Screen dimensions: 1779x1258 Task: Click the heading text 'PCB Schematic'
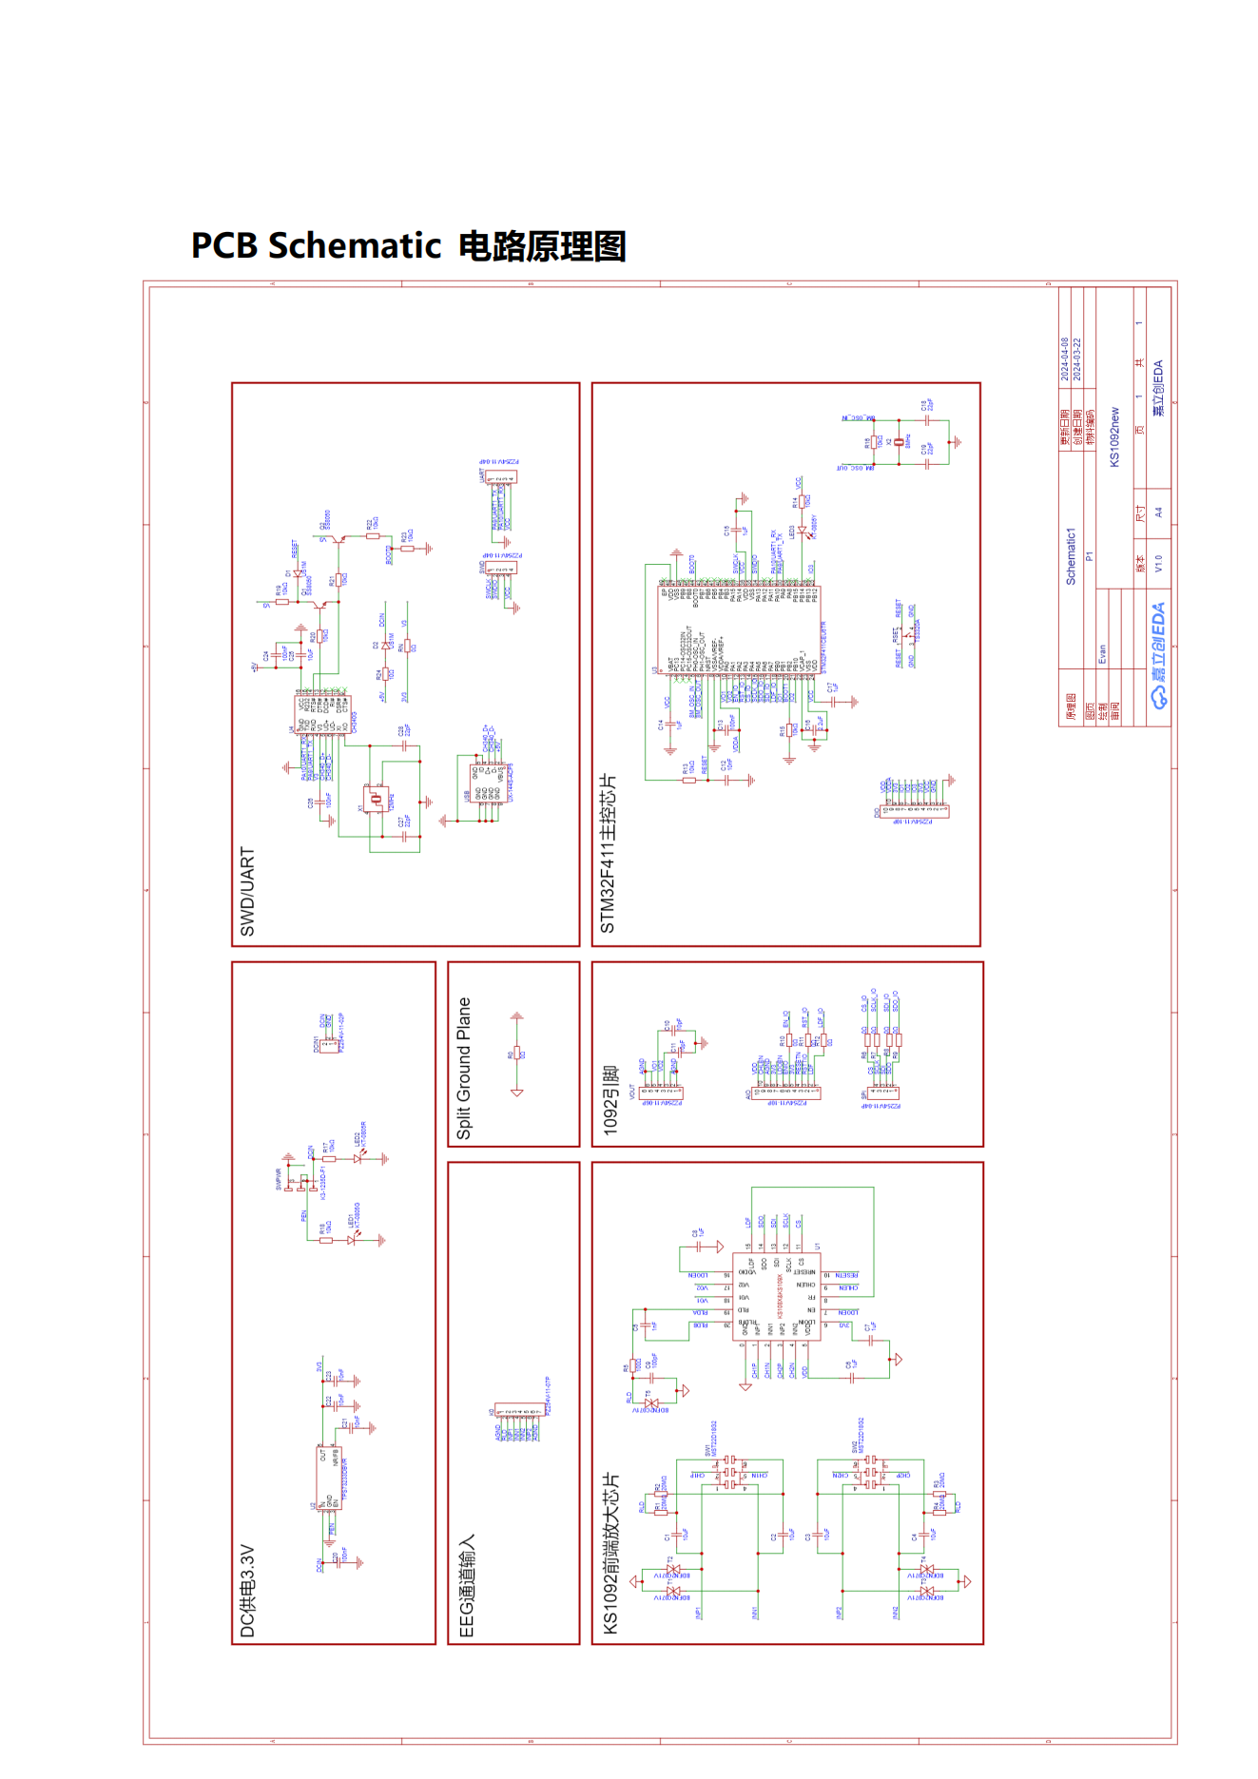pyautogui.click(x=316, y=245)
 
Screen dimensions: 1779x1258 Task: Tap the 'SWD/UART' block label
pyautogui.click(x=247, y=891)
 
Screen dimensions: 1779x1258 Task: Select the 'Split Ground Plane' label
pyautogui.click(x=464, y=1068)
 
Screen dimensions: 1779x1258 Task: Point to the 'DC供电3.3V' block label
pyautogui.click(x=247, y=1591)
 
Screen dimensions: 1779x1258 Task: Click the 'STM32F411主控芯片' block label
pyautogui.click(x=608, y=853)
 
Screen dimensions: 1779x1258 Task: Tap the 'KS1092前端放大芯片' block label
pyautogui.click(x=610, y=1554)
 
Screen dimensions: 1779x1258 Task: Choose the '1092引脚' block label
pyautogui.click(x=610, y=1100)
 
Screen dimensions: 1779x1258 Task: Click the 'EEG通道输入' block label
pyautogui.click(x=467, y=1585)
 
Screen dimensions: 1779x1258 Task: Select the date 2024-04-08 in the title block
pyautogui.click(x=1064, y=359)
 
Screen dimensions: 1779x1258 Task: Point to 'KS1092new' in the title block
pyautogui.click(x=1114, y=437)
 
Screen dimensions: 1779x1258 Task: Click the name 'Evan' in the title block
pyautogui.click(x=1102, y=654)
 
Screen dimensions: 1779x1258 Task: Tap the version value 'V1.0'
pyautogui.click(x=1158, y=564)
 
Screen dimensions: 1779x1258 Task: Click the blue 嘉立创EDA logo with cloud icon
pyautogui.click(x=1158, y=656)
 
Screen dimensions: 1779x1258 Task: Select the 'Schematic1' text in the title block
pyautogui.click(x=1070, y=556)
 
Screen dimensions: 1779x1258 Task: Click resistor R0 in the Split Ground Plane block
pyautogui.click(x=516, y=1054)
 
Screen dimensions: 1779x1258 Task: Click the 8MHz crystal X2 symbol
pyautogui.click(x=898, y=442)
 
